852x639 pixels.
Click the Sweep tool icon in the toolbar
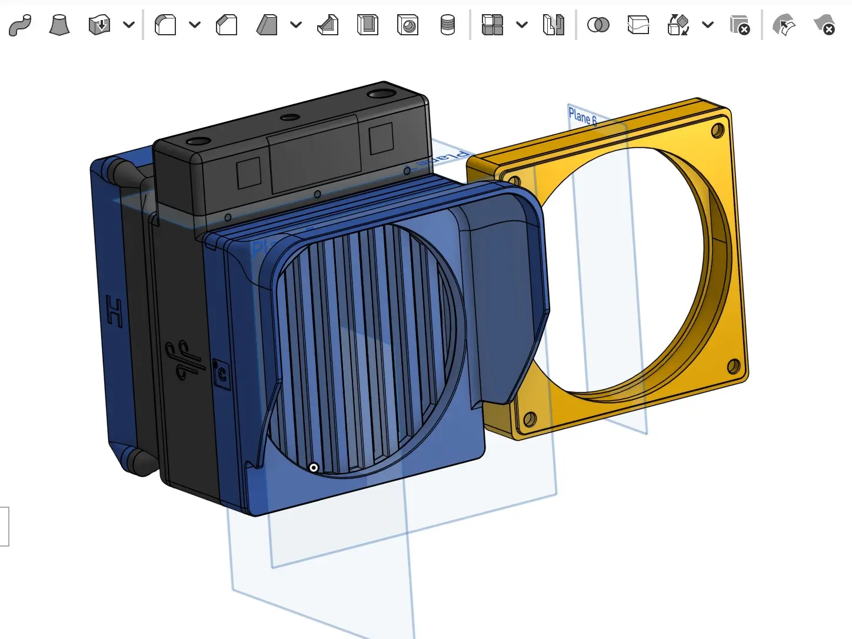click(20, 25)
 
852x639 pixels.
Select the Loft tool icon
click(59, 25)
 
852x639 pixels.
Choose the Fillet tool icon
click(165, 25)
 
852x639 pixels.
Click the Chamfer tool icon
click(227, 25)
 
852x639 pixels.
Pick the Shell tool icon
click(368, 25)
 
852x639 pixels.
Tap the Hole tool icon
click(408, 25)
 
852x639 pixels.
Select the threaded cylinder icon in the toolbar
click(448, 25)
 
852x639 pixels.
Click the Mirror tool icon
click(553, 25)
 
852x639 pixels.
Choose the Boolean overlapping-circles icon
click(598, 25)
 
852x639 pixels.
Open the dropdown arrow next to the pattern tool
click(522, 25)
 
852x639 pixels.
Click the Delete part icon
click(740, 25)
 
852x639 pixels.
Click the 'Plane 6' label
click(582, 117)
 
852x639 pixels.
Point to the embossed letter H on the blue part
click(115, 312)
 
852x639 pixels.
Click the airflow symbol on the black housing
click(184, 360)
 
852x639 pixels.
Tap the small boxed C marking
click(222, 374)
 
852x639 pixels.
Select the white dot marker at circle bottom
click(314, 468)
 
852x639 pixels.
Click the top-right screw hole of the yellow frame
click(717, 130)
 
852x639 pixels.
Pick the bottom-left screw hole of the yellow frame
click(530, 419)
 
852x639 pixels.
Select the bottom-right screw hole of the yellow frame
click(733, 367)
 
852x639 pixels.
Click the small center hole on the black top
click(289, 118)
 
